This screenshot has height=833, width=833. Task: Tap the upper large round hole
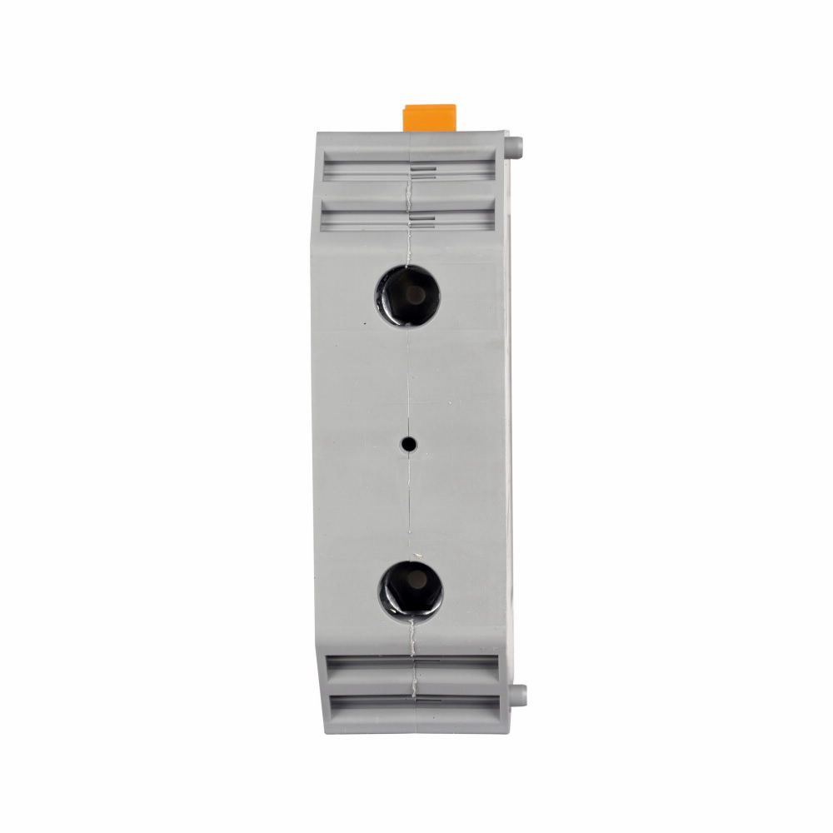[407, 295]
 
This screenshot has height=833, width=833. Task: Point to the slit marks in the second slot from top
[423, 219]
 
